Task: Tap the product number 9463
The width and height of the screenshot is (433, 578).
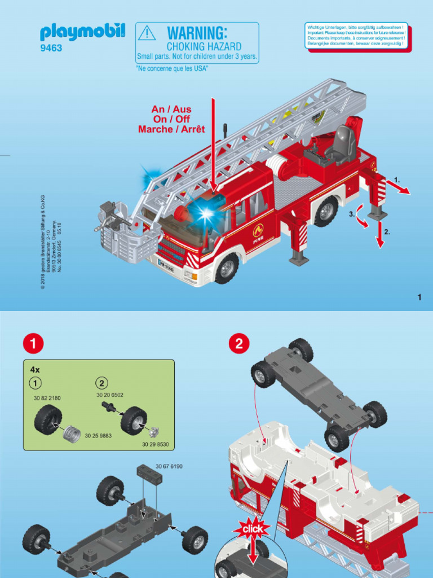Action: (51, 49)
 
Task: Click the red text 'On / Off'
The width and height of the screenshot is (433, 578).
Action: (171, 119)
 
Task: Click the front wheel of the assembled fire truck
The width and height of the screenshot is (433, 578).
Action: (227, 268)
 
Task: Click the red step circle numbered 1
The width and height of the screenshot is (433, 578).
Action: (34, 343)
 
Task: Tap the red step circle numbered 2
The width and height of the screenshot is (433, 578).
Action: (239, 343)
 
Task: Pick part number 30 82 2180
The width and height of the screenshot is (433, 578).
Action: (46, 398)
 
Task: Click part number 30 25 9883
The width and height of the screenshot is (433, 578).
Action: (98, 436)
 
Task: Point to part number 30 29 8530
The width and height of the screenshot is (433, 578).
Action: (154, 445)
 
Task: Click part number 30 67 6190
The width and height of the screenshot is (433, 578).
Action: (169, 467)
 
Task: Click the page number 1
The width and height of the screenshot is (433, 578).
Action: (419, 297)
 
